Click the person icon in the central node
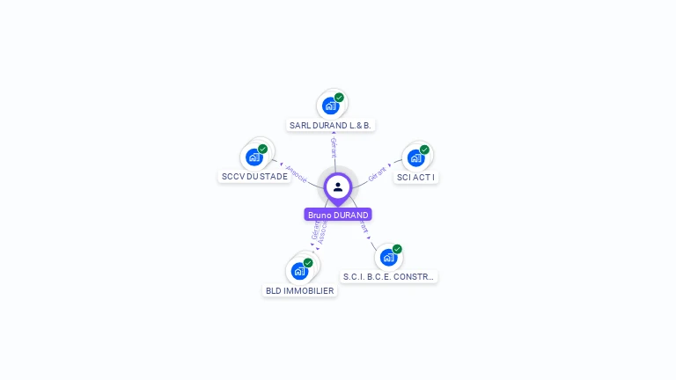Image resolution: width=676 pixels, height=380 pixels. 338,186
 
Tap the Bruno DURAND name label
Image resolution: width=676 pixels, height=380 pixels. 338,215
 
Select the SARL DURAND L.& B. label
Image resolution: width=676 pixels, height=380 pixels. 330,126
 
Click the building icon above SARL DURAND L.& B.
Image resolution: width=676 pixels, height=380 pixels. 330,106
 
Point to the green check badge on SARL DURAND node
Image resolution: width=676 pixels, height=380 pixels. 339,98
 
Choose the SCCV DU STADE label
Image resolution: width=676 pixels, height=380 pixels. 254,176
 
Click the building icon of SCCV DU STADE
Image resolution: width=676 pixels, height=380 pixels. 253,157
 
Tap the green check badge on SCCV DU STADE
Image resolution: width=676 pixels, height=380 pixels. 262,149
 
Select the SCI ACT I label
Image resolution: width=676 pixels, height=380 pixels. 415,177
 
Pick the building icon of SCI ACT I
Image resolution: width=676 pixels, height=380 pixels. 415,158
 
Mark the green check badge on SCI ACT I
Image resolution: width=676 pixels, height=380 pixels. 424,150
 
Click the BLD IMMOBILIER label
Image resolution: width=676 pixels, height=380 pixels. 299,290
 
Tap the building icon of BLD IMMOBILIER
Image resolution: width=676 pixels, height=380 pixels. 299,271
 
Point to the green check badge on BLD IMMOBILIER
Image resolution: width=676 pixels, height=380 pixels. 308,262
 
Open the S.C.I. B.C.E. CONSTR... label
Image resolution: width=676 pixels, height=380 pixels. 388,276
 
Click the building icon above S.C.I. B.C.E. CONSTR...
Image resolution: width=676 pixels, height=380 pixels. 388,258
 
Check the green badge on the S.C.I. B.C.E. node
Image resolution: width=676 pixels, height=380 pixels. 397,249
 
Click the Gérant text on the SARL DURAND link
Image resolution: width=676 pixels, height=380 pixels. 334,148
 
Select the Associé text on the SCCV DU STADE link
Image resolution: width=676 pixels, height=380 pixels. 297,173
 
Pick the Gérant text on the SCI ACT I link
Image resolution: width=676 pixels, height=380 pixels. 377,172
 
